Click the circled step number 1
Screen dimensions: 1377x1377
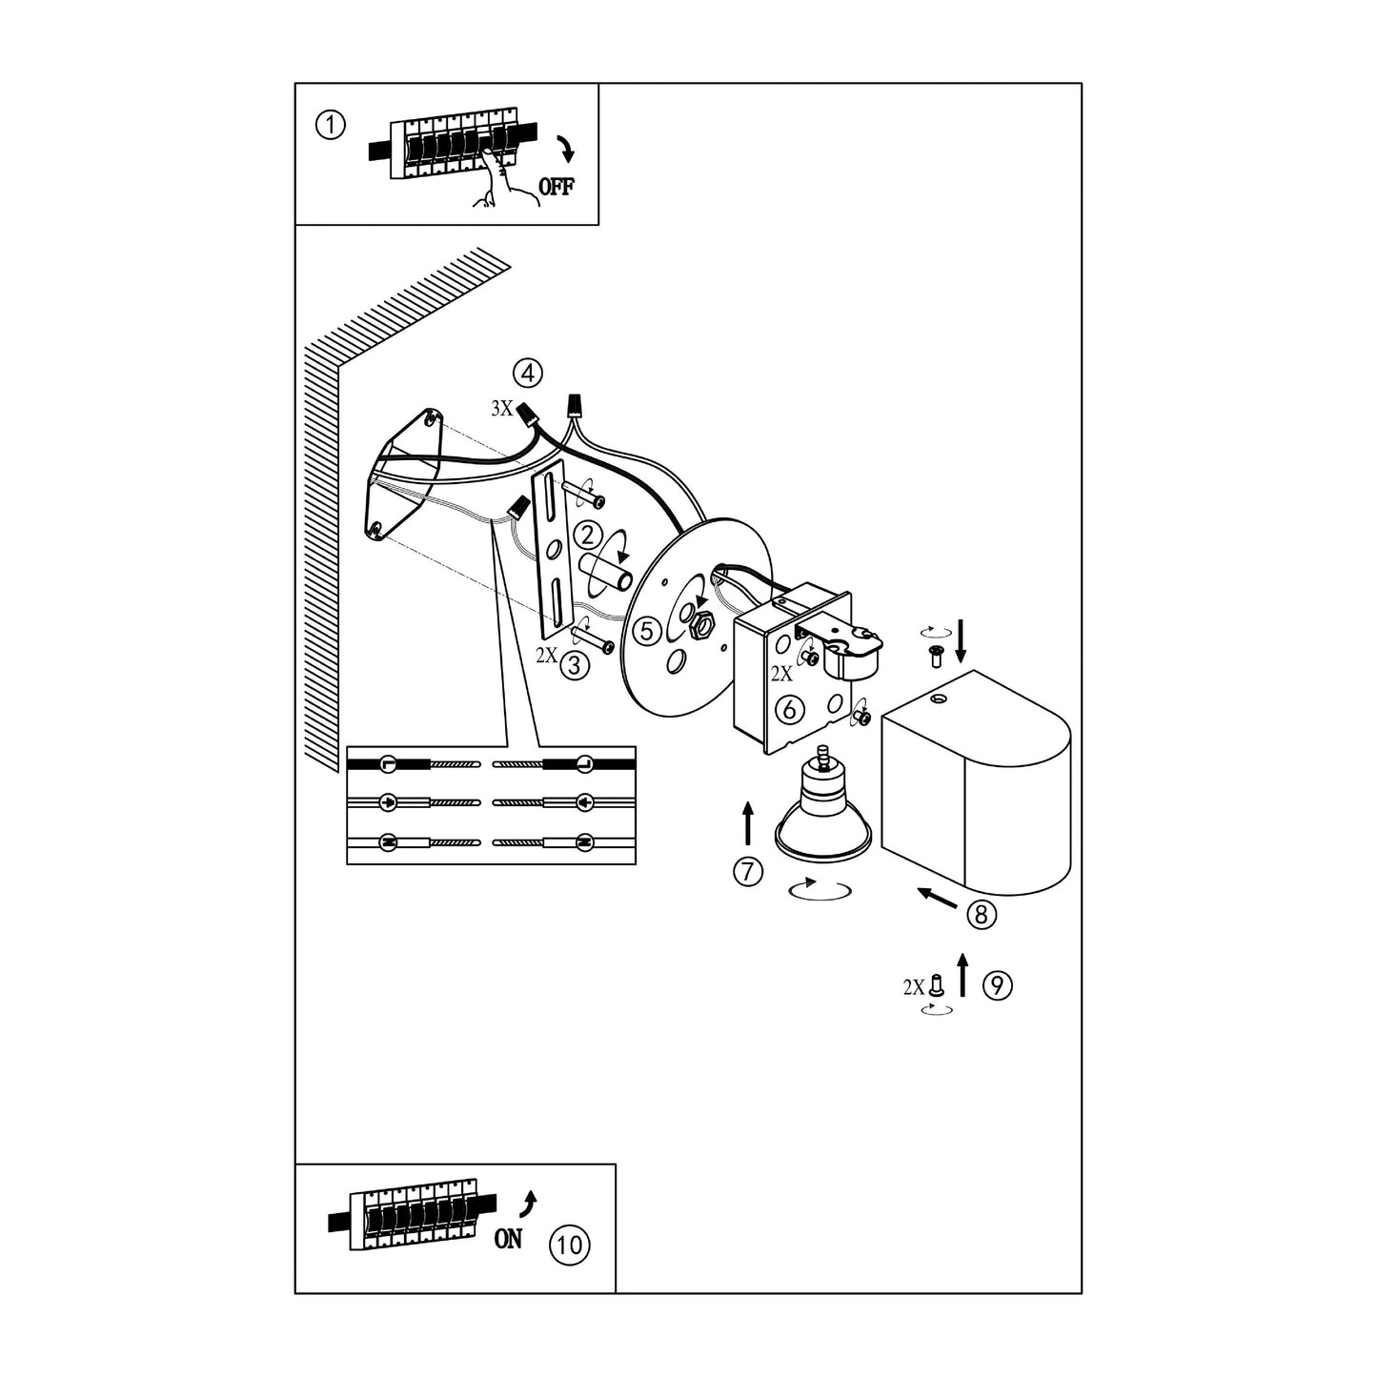click(330, 125)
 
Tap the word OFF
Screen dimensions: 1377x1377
click(557, 187)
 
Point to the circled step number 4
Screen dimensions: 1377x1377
click(527, 373)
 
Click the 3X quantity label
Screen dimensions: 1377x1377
click(501, 409)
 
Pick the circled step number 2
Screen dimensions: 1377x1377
click(587, 536)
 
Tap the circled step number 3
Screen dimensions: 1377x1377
click(575, 664)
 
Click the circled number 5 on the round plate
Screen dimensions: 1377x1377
click(647, 631)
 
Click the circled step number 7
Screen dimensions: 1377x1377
click(748, 871)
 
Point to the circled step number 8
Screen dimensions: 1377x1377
click(982, 914)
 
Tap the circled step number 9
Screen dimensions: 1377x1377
click(998, 985)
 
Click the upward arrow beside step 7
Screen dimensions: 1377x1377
click(748, 823)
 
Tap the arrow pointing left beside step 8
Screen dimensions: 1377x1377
click(938, 899)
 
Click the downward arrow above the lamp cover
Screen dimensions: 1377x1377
click(962, 640)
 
